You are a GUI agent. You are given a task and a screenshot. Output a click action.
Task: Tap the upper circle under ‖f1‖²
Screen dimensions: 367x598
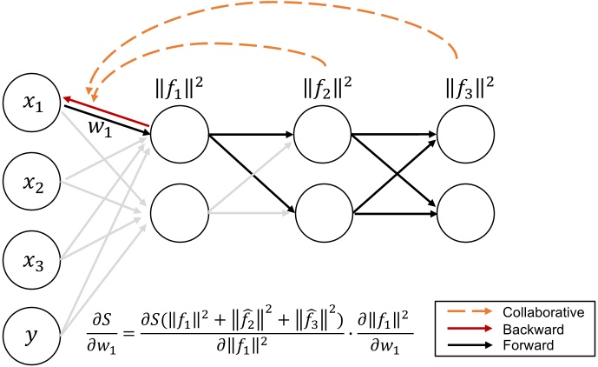point(180,135)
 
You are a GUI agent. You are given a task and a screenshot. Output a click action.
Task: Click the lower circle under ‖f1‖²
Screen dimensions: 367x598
point(180,211)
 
